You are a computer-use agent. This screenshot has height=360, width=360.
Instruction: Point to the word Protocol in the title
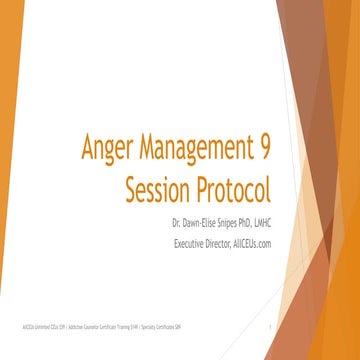[232, 187]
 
